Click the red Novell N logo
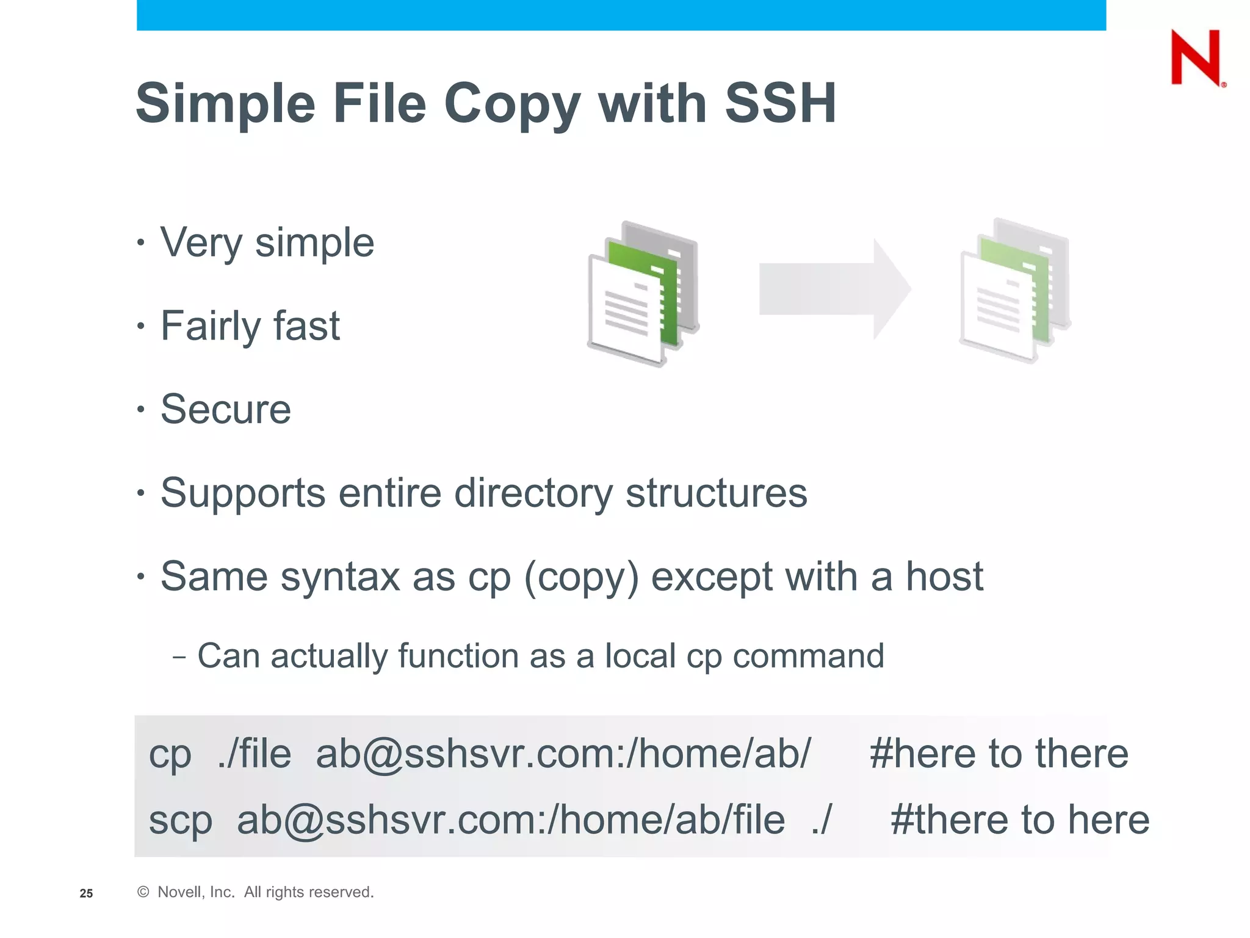(x=1196, y=57)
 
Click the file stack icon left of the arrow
(x=643, y=294)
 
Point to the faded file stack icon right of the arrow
(x=1015, y=290)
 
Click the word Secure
(x=226, y=409)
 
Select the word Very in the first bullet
(x=201, y=244)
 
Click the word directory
(x=533, y=493)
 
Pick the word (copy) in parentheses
(x=581, y=577)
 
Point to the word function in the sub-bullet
(x=458, y=656)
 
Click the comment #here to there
(x=999, y=754)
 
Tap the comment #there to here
(x=1019, y=820)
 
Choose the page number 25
(x=86, y=893)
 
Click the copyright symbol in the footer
(x=143, y=892)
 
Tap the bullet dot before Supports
(x=141, y=492)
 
